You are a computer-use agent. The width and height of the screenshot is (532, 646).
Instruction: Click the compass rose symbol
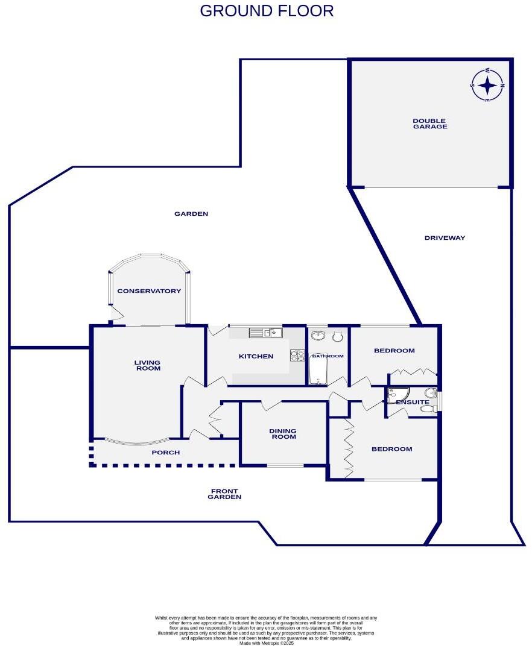coord(487,85)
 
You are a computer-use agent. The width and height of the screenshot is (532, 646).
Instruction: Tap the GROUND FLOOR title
coord(266,11)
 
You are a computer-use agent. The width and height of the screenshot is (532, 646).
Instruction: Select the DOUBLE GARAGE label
coord(429,124)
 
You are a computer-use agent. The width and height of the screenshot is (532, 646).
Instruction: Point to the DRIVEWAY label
coord(445,238)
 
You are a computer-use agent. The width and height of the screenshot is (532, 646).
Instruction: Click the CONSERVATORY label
coord(149,291)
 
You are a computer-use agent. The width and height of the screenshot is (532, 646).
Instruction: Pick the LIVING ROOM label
coord(147,365)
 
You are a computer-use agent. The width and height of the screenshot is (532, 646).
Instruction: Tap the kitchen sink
coord(265,332)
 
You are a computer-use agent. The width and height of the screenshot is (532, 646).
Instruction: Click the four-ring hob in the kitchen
coord(297,356)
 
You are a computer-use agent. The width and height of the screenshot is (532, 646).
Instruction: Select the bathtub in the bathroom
coord(318,369)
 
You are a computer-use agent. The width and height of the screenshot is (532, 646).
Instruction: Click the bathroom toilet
coord(337,335)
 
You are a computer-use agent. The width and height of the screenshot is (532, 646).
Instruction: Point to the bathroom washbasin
coord(318,335)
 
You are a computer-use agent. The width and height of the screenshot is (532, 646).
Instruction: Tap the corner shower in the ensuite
coord(397,395)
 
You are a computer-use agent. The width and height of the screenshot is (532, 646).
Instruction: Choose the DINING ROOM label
coord(283,433)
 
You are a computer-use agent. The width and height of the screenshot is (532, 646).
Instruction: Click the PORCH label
coord(165,453)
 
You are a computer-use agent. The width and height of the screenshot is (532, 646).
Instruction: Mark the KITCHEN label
coord(256,357)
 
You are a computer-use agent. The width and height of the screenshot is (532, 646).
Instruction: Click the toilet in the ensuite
coord(428,409)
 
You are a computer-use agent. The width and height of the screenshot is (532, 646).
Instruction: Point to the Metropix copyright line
coord(265,643)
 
